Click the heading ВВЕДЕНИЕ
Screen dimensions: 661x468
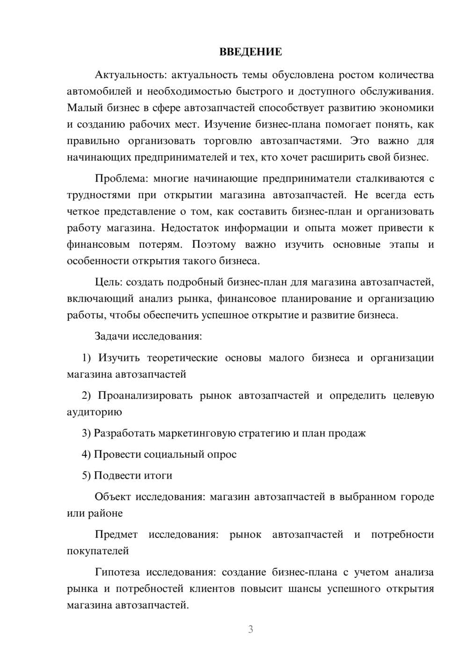250,52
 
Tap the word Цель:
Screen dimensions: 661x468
108,282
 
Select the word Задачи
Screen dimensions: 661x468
112,336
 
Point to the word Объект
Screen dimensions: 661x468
113,496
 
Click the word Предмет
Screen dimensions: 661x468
116,534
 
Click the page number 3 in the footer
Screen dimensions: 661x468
250,629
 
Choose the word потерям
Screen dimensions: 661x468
160,244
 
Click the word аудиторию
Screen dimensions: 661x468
95,412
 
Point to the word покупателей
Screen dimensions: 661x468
98,551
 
